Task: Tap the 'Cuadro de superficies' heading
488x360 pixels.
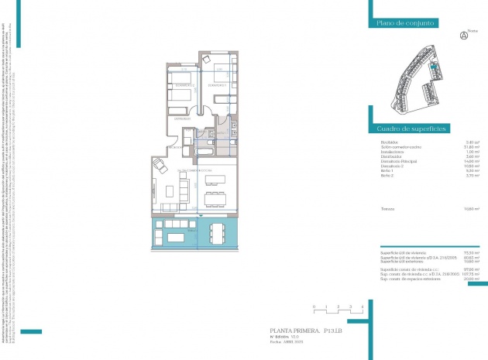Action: tap(409, 129)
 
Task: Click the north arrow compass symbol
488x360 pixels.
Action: tap(464, 35)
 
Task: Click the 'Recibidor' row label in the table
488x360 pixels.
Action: tap(390, 142)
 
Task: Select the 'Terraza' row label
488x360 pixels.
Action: tap(388, 209)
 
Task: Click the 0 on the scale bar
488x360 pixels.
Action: tap(314, 307)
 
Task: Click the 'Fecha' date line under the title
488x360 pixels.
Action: tap(284, 343)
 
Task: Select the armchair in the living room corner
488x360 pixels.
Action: tap(159, 165)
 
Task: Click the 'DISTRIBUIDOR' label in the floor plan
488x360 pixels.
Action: tap(182, 118)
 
